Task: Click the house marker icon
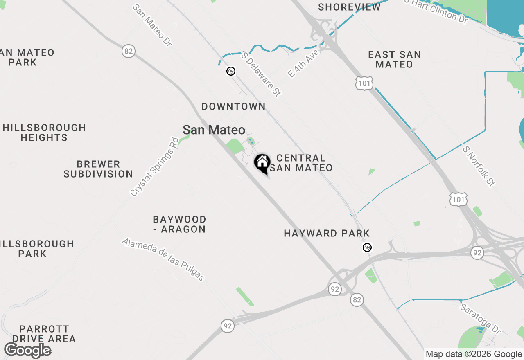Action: [x=262, y=163]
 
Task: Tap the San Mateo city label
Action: [x=214, y=130]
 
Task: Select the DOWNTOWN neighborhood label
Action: [x=233, y=106]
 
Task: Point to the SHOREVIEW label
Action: [x=349, y=7]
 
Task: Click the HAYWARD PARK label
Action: [x=327, y=233]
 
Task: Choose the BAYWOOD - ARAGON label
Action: [x=179, y=224]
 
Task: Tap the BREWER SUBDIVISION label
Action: [x=98, y=169]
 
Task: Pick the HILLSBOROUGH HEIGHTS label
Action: [x=44, y=133]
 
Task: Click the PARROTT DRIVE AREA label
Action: [x=44, y=334]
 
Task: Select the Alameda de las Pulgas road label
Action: [x=163, y=259]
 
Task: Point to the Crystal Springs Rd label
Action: [x=154, y=166]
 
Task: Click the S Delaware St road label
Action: [x=261, y=74]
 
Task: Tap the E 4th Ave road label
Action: [x=303, y=64]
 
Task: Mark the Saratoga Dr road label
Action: [x=480, y=318]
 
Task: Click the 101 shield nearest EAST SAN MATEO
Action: [x=364, y=83]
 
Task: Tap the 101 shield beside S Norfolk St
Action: [x=458, y=199]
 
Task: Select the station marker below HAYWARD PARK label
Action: [x=368, y=248]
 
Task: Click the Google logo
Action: [x=28, y=350]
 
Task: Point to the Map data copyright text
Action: [x=474, y=354]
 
